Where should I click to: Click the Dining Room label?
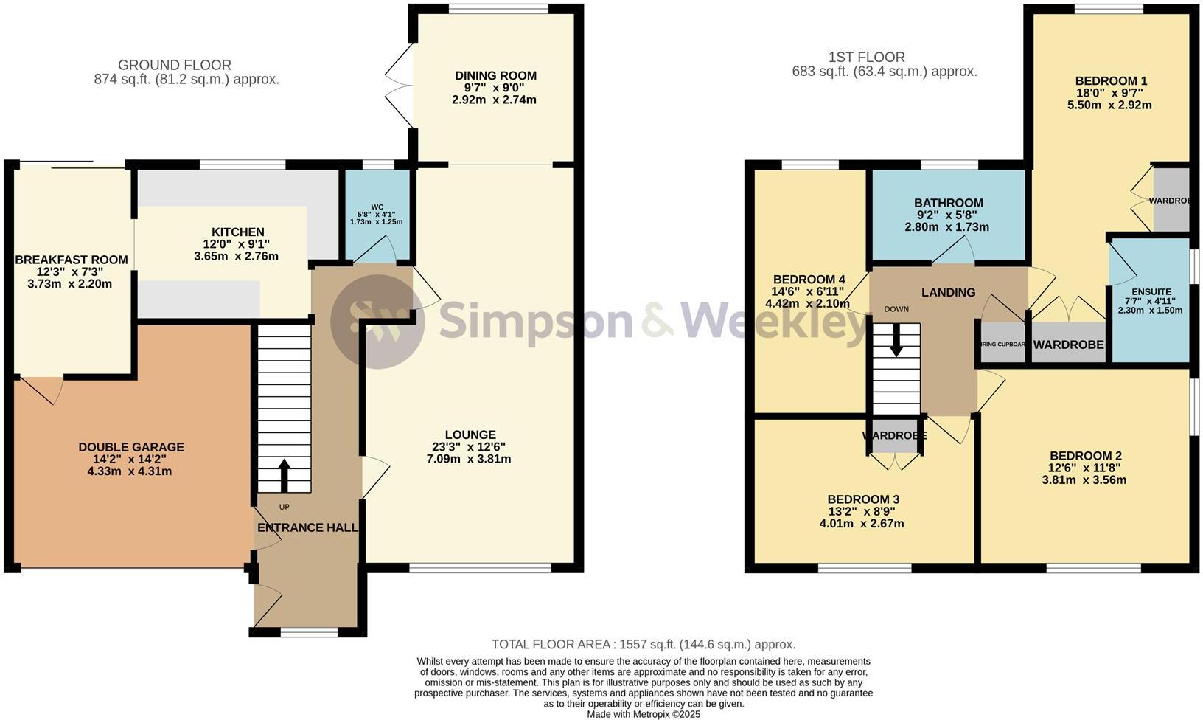tap(495, 75)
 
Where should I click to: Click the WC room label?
tap(377, 207)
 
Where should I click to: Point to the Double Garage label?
tap(131, 447)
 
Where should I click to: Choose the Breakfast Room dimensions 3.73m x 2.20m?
tap(72, 283)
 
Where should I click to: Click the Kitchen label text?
tap(237, 232)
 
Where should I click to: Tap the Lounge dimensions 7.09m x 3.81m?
tap(470, 459)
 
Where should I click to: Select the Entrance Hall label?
tap(307, 527)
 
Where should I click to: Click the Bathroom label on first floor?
tap(948, 203)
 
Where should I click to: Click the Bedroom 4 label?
tap(809, 280)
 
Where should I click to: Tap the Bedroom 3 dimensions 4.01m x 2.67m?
tap(862, 524)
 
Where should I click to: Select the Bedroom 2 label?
tap(1085, 456)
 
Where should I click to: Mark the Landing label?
tap(948, 293)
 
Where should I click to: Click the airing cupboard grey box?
tap(1003, 344)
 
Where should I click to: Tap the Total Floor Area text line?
tap(643, 644)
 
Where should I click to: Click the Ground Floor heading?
tap(175, 65)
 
